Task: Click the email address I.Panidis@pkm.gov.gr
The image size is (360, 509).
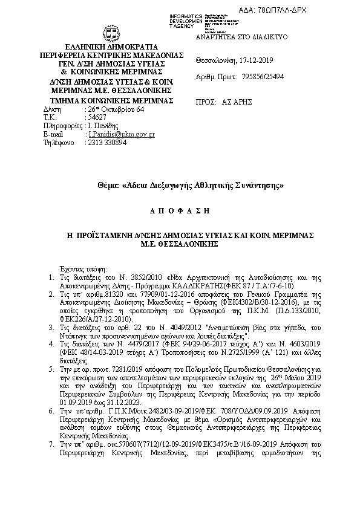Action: tap(121, 134)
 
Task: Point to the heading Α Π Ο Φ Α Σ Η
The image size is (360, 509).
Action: tap(179, 210)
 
